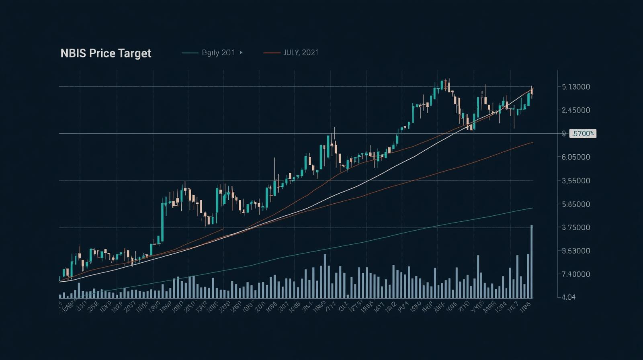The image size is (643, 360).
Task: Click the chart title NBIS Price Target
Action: coord(106,53)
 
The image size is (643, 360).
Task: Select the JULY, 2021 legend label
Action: coord(301,53)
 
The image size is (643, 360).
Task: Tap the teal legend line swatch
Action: coord(190,53)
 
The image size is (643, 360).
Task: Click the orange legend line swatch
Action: coord(272,53)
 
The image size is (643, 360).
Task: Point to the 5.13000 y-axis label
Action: coord(576,87)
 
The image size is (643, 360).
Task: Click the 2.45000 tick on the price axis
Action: coord(576,110)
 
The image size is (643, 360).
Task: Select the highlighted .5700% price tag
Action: coord(583,133)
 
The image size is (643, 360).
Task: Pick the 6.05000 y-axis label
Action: coord(576,157)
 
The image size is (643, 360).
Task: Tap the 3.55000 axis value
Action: coord(576,181)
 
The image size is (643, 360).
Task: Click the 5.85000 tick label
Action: coord(576,204)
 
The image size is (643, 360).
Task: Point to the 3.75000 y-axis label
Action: coord(576,227)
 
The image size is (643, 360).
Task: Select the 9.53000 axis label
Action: coord(576,251)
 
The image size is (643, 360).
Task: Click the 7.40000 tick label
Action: coord(576,274)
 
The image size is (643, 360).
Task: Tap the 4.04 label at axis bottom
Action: coord(568,297)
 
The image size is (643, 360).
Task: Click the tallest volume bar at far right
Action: coord(532,261)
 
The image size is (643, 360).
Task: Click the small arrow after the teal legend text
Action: coord(241,53)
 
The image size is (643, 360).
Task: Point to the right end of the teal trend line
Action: coord(532,208)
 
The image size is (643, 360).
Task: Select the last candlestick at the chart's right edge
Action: coord(532,92)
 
